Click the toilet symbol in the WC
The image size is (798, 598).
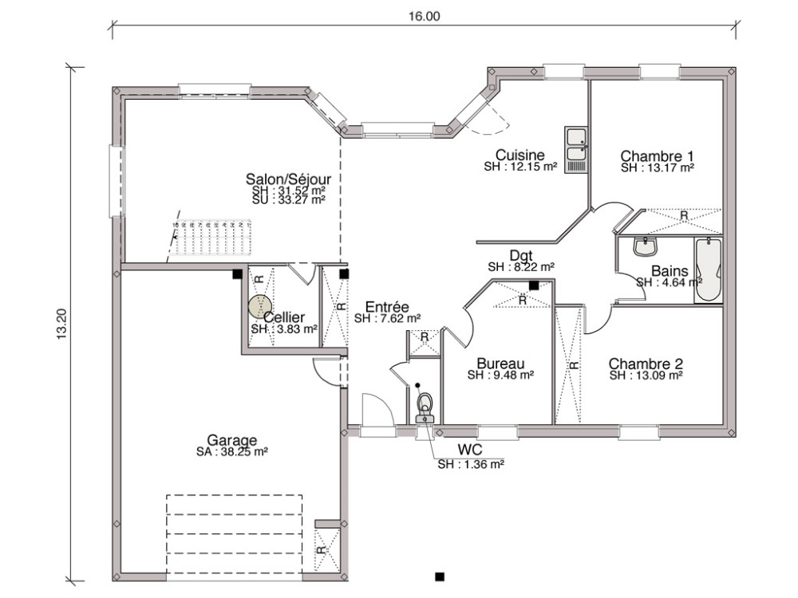tap(425, 407)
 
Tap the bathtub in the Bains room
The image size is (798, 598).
tap(708, 269)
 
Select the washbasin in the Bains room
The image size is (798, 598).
tap(646, 247)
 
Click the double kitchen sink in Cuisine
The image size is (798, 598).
tap(575, 150)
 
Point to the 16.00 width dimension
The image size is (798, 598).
tap(424, 16)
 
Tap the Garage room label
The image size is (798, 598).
tap(231, 440)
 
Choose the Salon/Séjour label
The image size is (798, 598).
tap(288, 179)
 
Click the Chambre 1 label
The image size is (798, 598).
tap(657, 155)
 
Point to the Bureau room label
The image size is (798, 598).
tap(500, 364)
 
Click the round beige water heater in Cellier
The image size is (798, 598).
tap(259, 306)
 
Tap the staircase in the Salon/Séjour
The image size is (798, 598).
tap(211, 238)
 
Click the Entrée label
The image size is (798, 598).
tap(387, 307)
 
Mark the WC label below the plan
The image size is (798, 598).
tap(469, 450)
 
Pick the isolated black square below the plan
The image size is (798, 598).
tap(440, 576)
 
